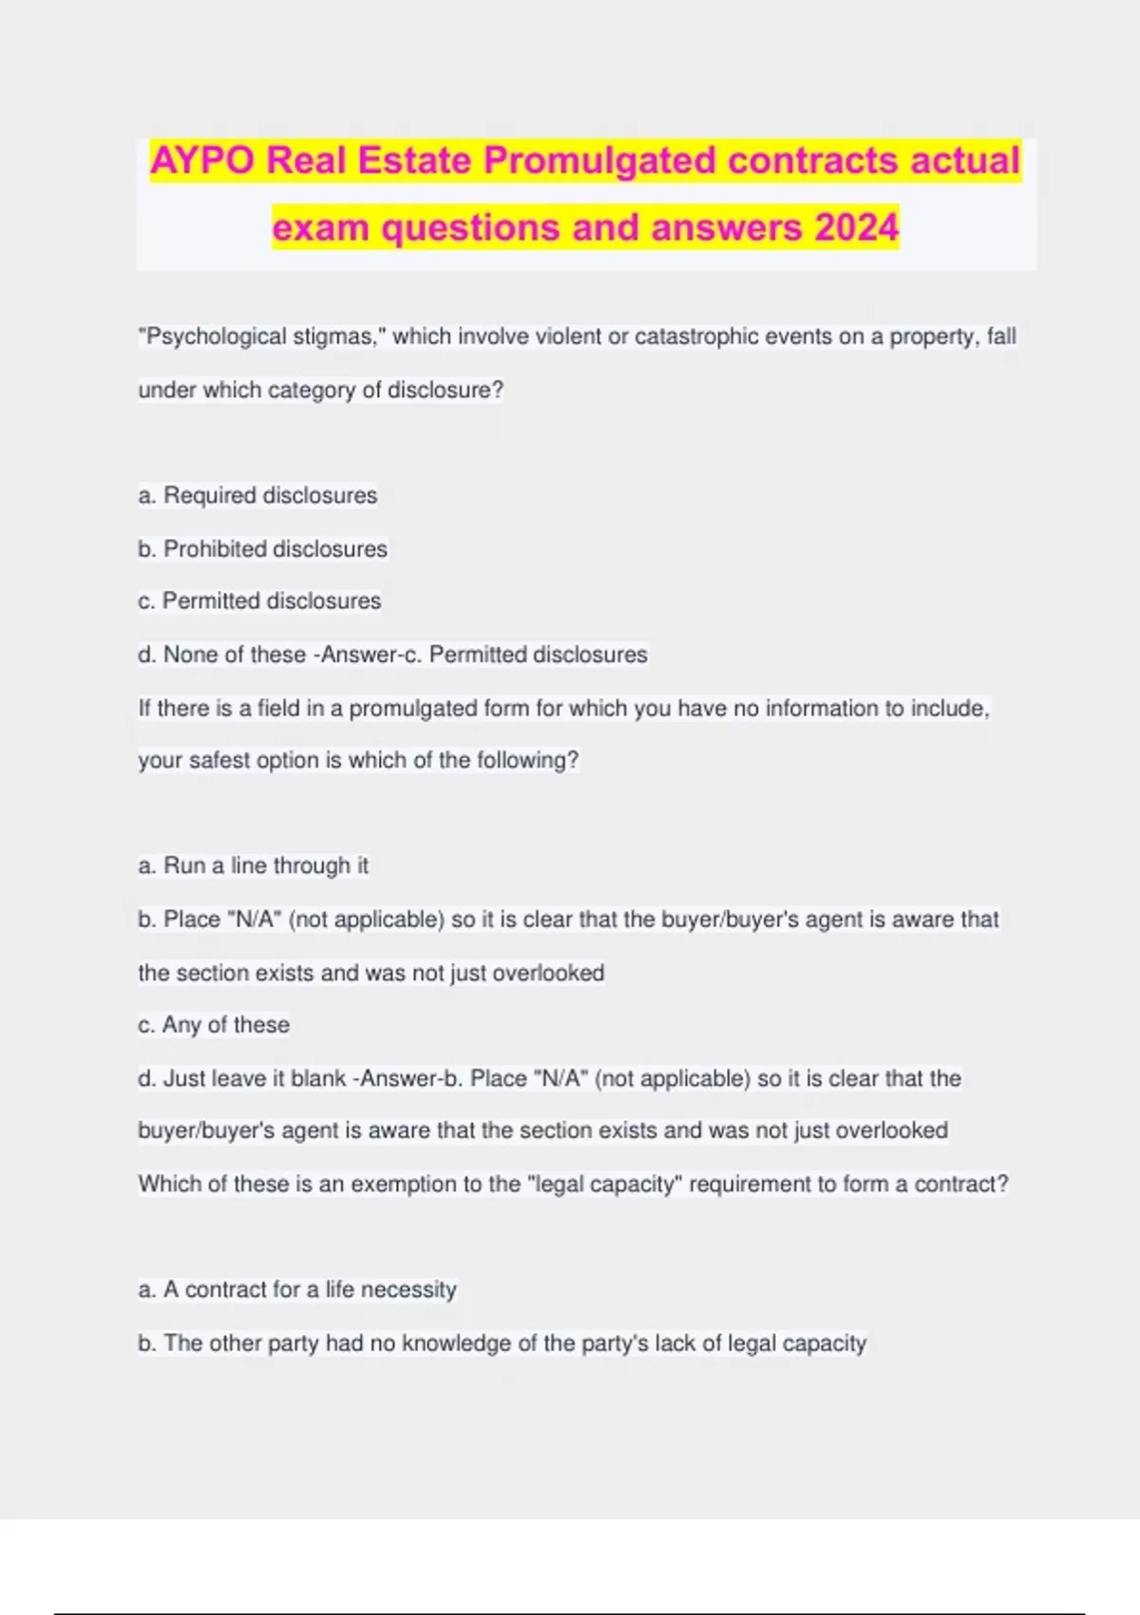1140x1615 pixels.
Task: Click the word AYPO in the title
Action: (202, 161)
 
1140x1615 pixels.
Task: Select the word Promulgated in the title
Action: (600, 161)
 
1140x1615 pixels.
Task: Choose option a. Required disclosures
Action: (257, 495)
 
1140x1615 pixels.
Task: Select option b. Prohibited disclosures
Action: (262, 548)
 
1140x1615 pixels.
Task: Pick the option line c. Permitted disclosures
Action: (259, 600)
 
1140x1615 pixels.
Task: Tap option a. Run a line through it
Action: (253, 865)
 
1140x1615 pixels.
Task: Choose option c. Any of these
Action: (214, 1024)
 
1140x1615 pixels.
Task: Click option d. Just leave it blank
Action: (241, 1078)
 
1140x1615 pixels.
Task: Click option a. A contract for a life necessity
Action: (297, 1289)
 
